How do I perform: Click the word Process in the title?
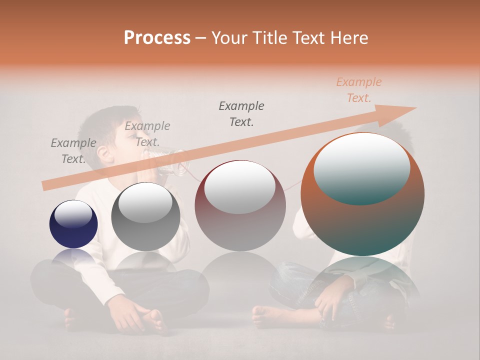click(x=157, y=38)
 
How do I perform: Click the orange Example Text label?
click(x=358, y=90)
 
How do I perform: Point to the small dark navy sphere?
click(x=73, y=224)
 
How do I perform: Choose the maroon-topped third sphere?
click(x=240, y=205)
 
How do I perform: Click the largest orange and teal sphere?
click(x=362, y=194)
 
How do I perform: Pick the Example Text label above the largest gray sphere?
click(x=241, y=113)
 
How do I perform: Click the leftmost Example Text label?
click(x=73, y=151)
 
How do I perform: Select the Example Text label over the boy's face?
click(x=147, y=134)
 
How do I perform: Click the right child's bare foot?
click(x=267, y=315)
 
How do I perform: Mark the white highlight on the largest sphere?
click(x=361, y=170)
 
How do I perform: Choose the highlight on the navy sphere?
click(x=73, y=215)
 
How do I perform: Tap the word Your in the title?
click(x=230, y=38)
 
